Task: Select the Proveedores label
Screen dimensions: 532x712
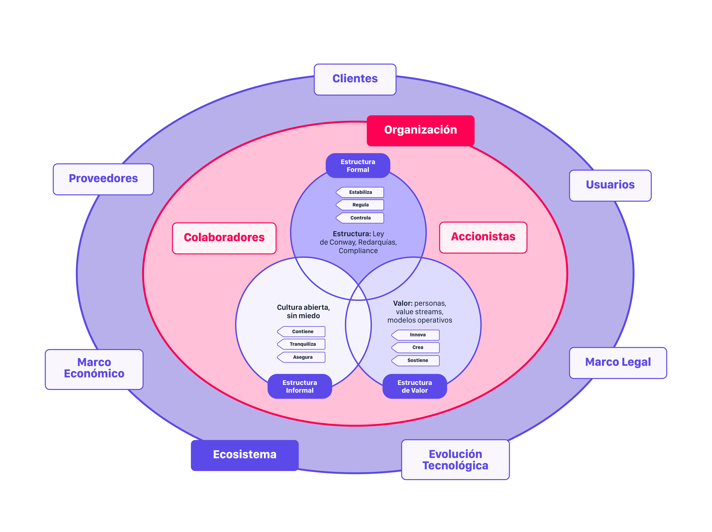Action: coord(103,179)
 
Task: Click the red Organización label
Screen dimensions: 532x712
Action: coord(420,130)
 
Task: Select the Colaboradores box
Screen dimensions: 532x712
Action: coord(224,238)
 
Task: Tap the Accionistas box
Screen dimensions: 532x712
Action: coord(483,237)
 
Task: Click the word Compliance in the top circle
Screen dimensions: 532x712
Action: coord(358,251)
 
